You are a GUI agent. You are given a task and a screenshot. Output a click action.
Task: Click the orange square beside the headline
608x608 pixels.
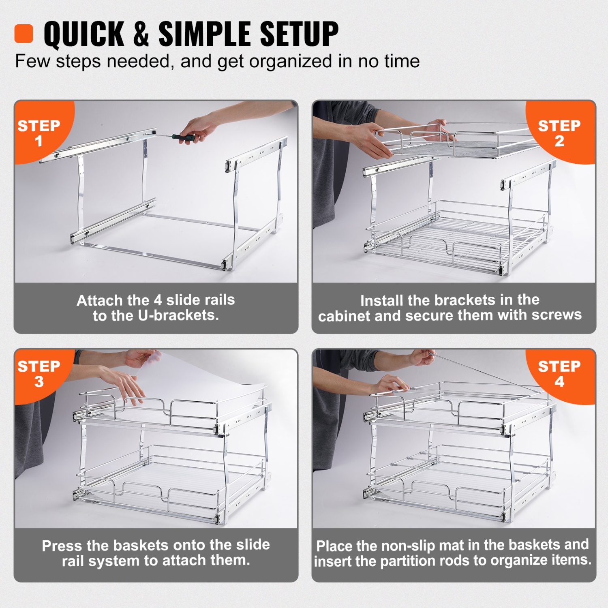click(24, 34)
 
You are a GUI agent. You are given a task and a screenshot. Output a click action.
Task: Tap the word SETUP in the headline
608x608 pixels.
click(299, 34)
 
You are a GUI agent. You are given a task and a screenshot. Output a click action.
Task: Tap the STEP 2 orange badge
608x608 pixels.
click(559, 133)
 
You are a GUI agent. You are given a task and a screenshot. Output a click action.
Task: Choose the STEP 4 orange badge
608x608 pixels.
click(559, 373)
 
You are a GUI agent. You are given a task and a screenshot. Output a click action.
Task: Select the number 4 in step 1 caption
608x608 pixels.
click(158, 300)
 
